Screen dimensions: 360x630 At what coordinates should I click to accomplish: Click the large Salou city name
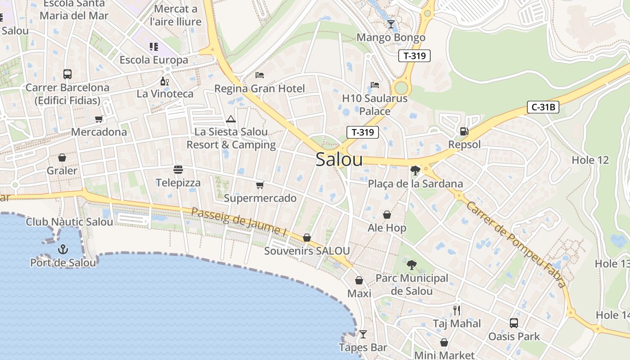click(x=339, y=159)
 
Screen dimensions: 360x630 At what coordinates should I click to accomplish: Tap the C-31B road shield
click(x=543, y=108)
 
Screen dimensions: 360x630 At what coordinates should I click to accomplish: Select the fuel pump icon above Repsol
click(x=464, y=131)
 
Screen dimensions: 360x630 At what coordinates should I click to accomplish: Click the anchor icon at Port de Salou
click(x=63, y=249)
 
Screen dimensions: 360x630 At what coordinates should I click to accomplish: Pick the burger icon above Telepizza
click(x=178, y=170)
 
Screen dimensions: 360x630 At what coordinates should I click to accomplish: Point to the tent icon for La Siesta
click(x=231, y=119)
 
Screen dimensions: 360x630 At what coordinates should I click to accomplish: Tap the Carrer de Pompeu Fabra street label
click(x=516, y=244)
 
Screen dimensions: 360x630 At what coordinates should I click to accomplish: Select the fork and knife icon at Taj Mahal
click(x=457, y=310)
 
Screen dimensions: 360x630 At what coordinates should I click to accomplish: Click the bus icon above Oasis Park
click(x=514, y=323)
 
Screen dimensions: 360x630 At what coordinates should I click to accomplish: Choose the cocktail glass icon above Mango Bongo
click(x=391, y=24)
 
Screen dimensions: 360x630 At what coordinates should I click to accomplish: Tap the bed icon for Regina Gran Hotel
click(x=260, y=75)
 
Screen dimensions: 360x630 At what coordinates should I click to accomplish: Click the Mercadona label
click(x=99, y=132)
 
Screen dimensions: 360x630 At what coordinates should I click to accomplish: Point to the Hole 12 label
click(x=590, y=160)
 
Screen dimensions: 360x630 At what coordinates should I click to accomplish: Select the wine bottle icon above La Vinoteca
click(x=165, y=81)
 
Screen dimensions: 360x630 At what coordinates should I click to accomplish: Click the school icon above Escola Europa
click(x=154, y=47)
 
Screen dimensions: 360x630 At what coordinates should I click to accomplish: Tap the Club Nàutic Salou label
click(x=69, y=222)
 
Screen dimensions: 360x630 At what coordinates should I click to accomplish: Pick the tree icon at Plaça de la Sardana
click(x=415, y=171)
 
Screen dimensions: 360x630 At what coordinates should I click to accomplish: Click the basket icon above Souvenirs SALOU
click(x=307, y=237)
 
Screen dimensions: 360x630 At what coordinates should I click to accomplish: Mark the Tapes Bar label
click(x=363, y=347)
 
